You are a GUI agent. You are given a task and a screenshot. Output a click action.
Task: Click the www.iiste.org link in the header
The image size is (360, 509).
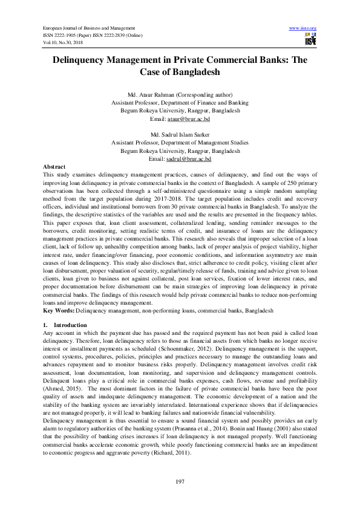coord(304,28)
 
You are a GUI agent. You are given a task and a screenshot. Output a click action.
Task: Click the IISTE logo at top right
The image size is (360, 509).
coord(310,41)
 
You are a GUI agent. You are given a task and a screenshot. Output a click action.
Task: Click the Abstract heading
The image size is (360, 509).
coord(55,166)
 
